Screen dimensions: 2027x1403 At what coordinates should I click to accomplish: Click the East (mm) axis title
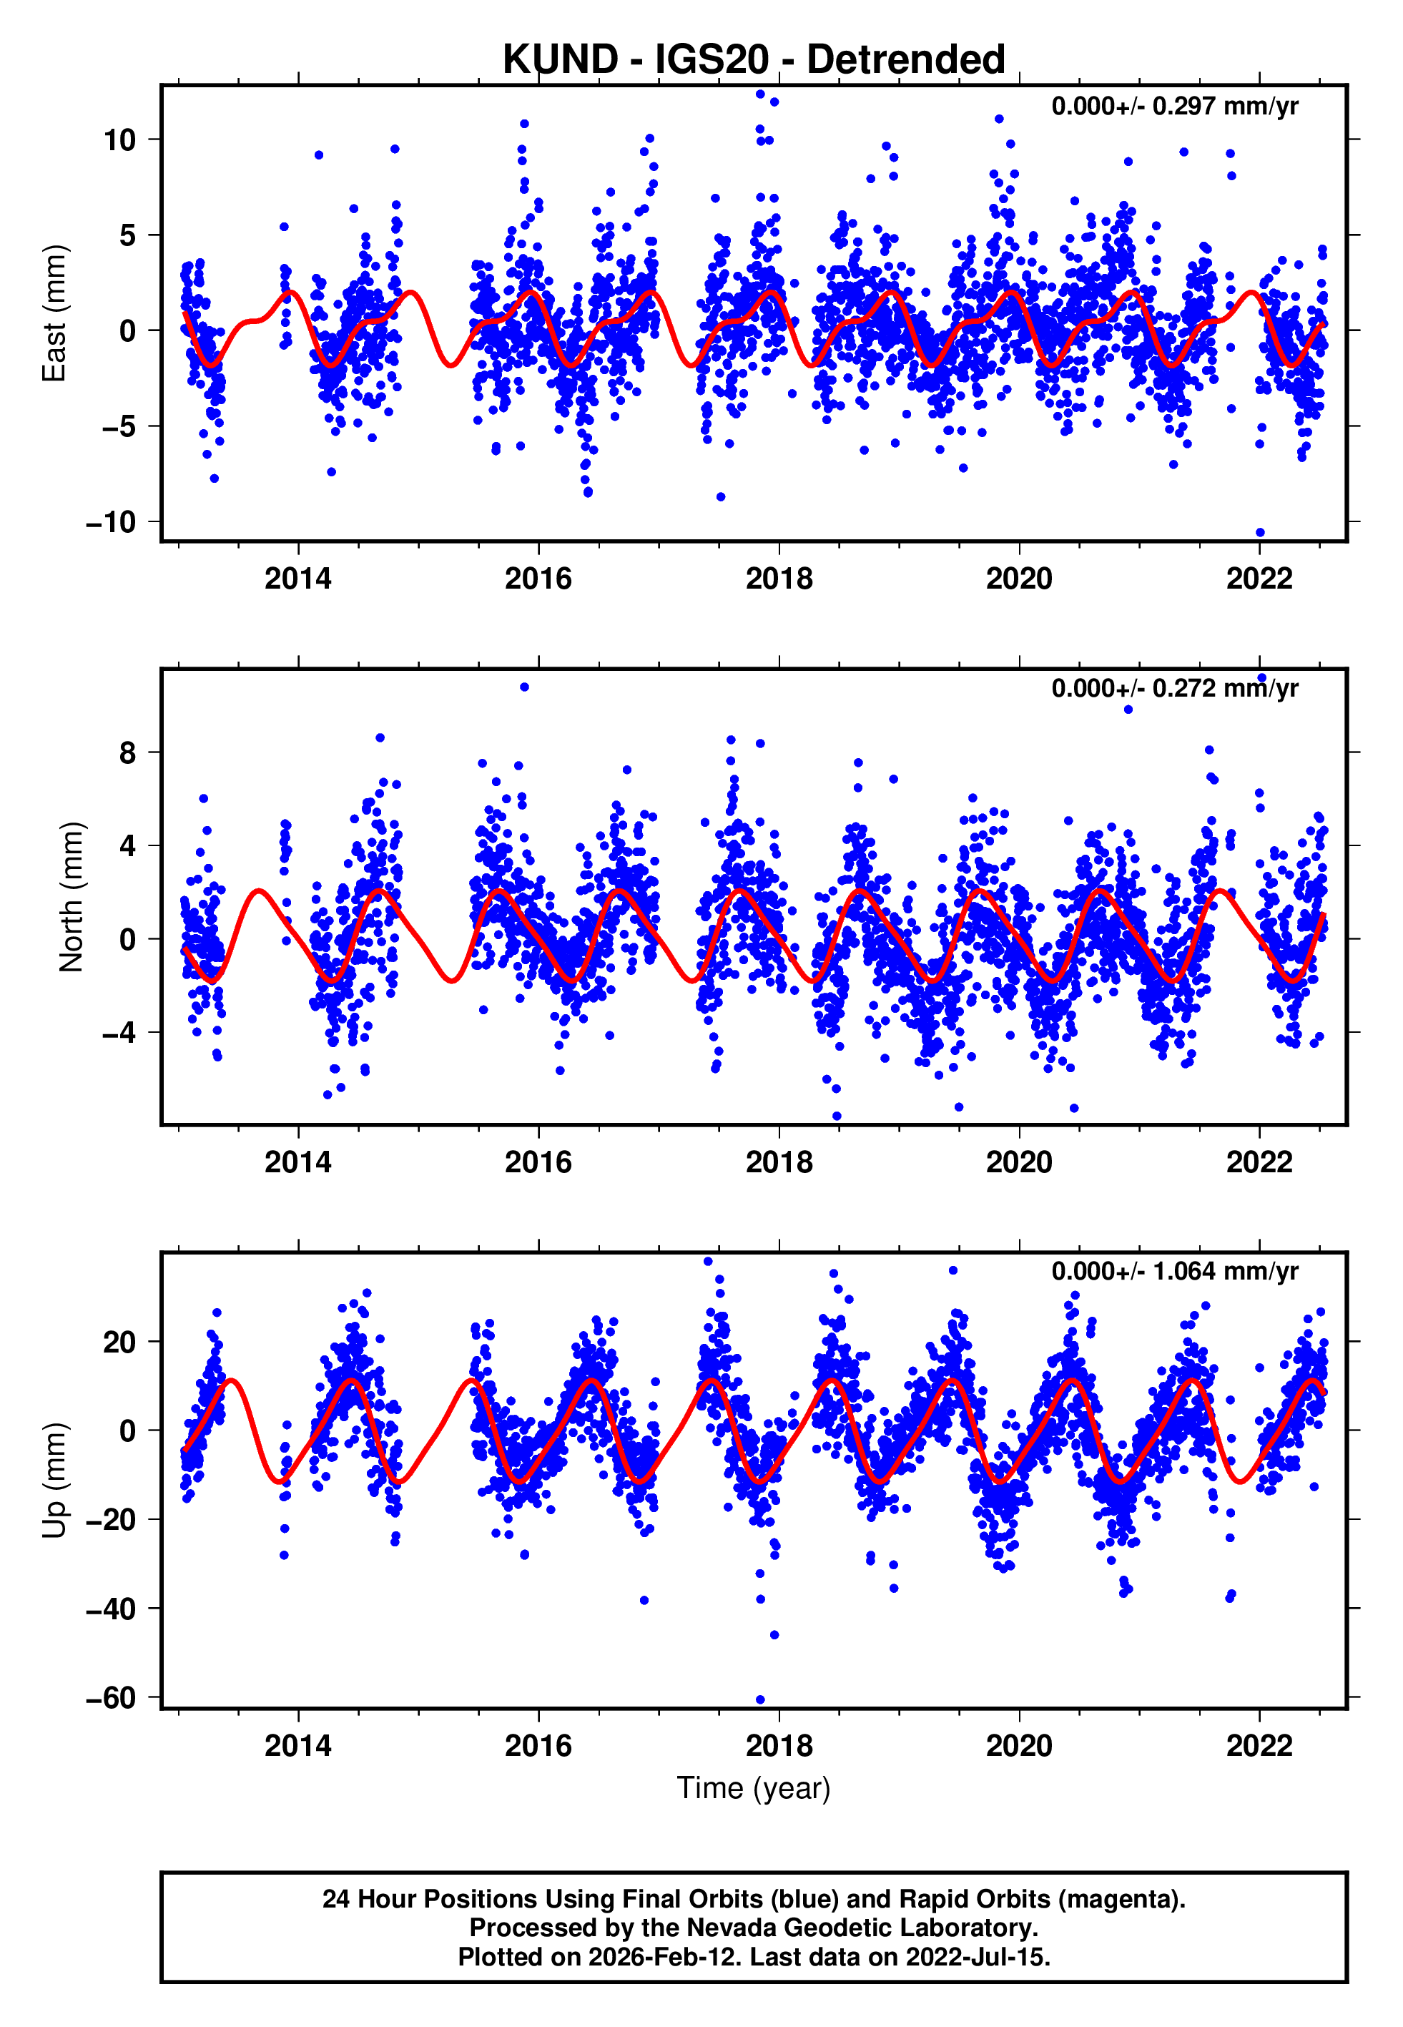pyautogui.click(x=54, y=314)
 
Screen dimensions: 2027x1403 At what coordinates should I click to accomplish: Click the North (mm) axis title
pyautogui.click(x=72, y=897)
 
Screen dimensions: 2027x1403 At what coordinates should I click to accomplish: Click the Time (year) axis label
pyautogui.click(x=754, y=1788)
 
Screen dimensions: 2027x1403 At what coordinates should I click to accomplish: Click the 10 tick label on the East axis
pyautogui.click(x=119, y=139)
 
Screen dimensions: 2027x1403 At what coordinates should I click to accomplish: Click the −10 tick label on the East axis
pyautogui.click(x=111, y=522)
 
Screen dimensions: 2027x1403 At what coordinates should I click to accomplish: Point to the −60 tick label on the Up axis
pyautogui.click(x=111, y=1697)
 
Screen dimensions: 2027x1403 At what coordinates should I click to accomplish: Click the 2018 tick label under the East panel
pyautogui.click(x=779, y=579)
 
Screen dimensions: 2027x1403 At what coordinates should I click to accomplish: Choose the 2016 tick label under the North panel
pyautogui.click(x=538, y=1162)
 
